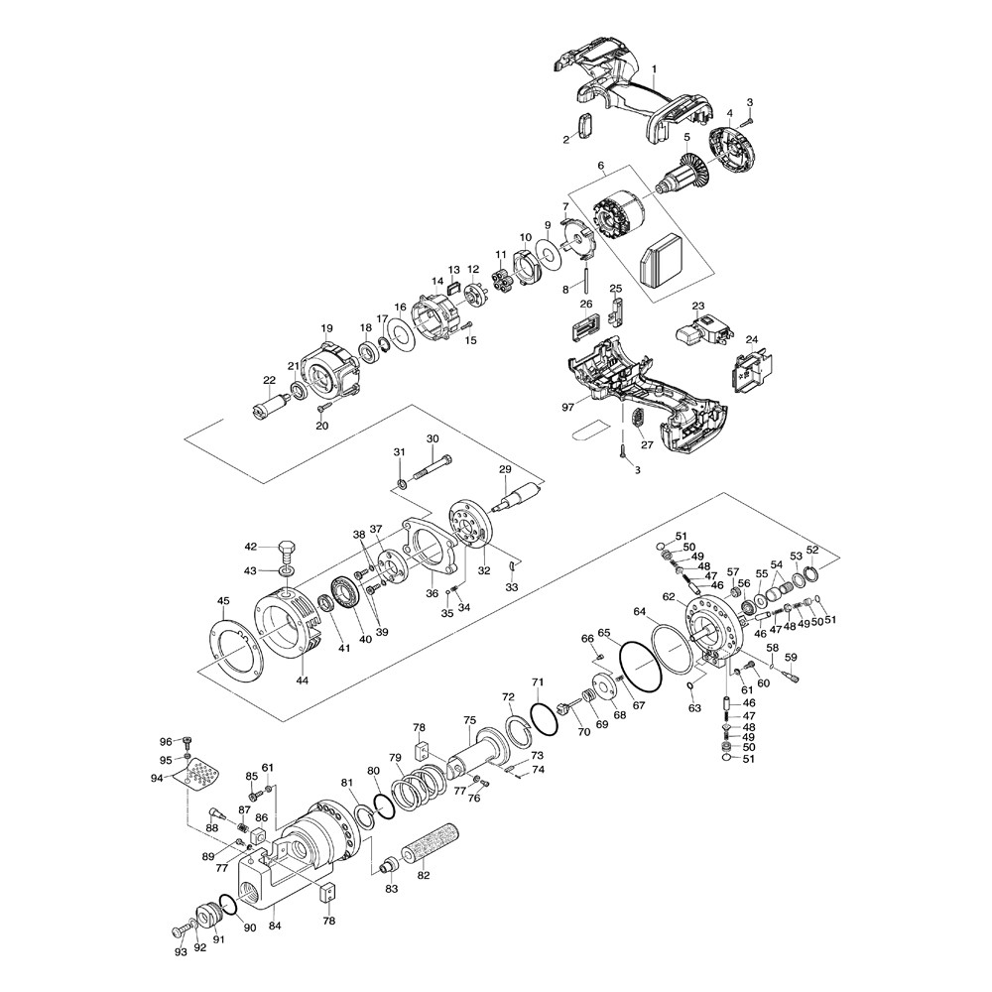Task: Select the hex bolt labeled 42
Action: click(x=286, y=550)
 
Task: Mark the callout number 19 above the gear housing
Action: click(x=325, y=328)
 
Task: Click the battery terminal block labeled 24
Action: click(x=750, y=376)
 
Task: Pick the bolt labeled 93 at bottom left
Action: click(x=178, y=930)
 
